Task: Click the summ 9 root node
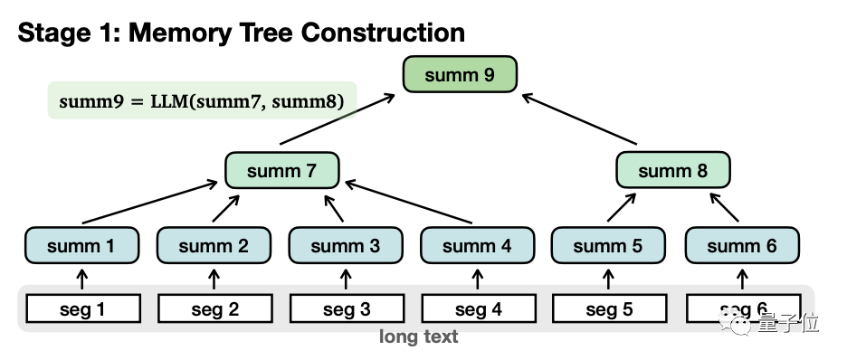460,74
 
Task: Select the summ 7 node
282,171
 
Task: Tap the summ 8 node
673,171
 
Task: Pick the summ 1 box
81,245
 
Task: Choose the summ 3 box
346,245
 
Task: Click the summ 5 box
608,245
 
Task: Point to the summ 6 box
742,245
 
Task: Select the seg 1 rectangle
83,308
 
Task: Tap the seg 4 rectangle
479,308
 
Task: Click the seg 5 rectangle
609,308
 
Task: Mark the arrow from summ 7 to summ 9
337,119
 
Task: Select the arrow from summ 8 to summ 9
580,119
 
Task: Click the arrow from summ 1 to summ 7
149,203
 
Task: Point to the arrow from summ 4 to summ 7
409,202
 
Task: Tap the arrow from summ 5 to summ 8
622,207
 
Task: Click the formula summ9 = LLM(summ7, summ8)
202,101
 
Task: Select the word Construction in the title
383,33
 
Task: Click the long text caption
419,336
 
